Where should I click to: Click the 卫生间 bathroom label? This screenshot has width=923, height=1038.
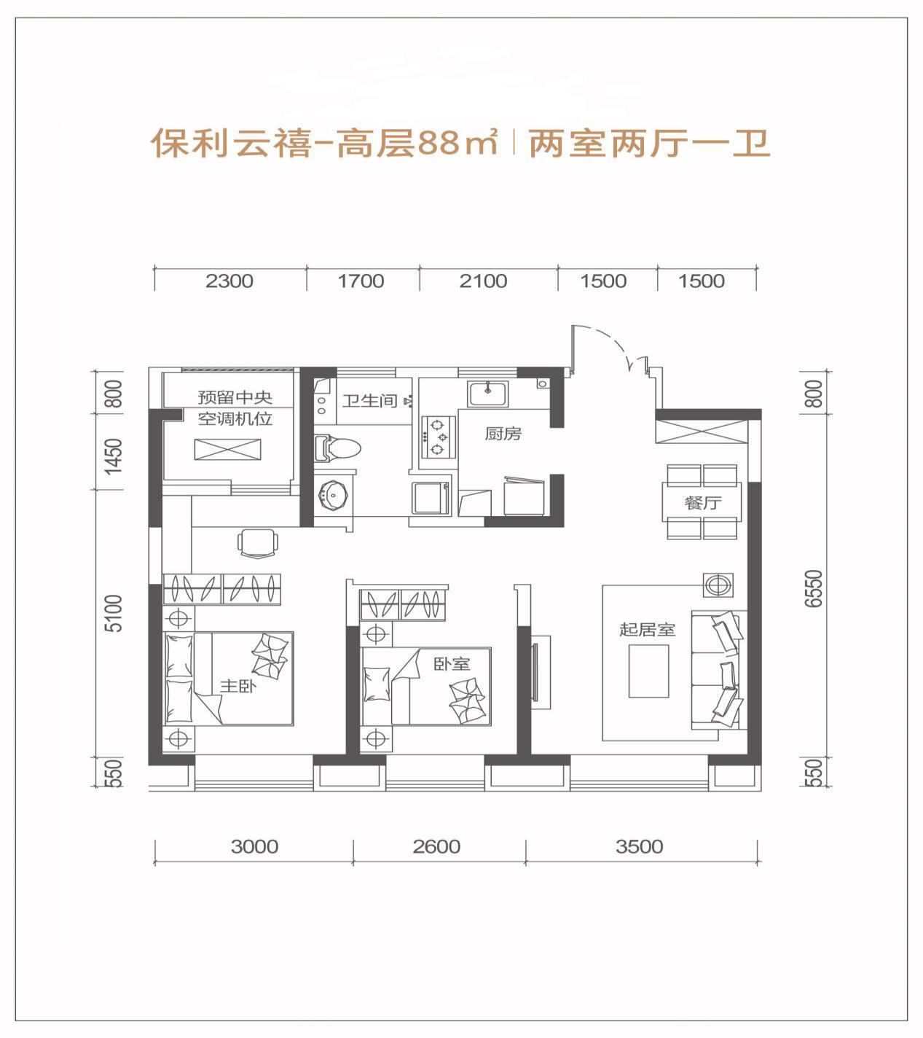point(370,401)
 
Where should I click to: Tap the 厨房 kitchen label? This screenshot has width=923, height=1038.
point(503,434)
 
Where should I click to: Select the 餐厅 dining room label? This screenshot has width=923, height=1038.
point(703,503)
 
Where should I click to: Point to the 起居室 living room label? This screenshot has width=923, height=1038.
point(648,629)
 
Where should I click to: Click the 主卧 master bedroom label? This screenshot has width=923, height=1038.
point(238,685)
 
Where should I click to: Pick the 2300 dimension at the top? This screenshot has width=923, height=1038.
point(229,281)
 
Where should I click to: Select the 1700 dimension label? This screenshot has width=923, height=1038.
point(361,281)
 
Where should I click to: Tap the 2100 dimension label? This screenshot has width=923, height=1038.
point(483,281)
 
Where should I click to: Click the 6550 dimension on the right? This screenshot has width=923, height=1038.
point(814,588)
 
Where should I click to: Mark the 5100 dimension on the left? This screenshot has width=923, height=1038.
point(114,613)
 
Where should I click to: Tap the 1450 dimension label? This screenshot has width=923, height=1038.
point(114,456)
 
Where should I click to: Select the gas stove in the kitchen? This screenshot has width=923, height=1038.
point(438,437)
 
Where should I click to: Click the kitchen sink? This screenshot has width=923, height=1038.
point(487,394)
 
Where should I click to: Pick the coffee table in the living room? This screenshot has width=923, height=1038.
point(648,671)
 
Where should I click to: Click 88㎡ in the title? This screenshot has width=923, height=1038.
point(458,144)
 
